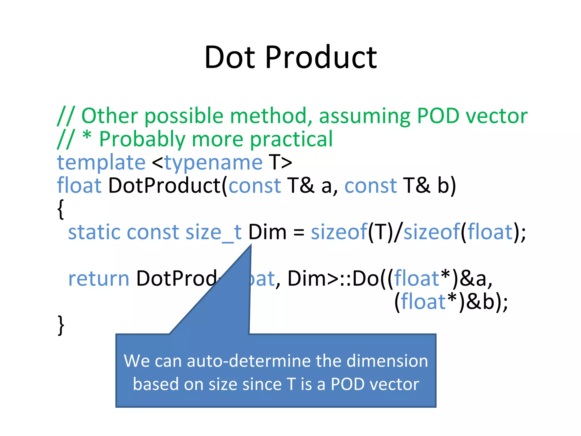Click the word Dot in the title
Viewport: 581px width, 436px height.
230,58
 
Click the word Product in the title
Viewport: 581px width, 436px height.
321,58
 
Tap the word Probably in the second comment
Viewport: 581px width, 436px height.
142,139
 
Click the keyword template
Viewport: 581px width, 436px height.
101,162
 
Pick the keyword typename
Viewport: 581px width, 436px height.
213,163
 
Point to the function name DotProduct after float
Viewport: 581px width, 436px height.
165,186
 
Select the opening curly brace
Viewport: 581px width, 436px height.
60,209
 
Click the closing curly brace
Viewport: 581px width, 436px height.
61,325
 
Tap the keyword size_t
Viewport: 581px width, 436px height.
213,232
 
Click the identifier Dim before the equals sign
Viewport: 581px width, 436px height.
267,232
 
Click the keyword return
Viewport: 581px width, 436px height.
99,279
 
